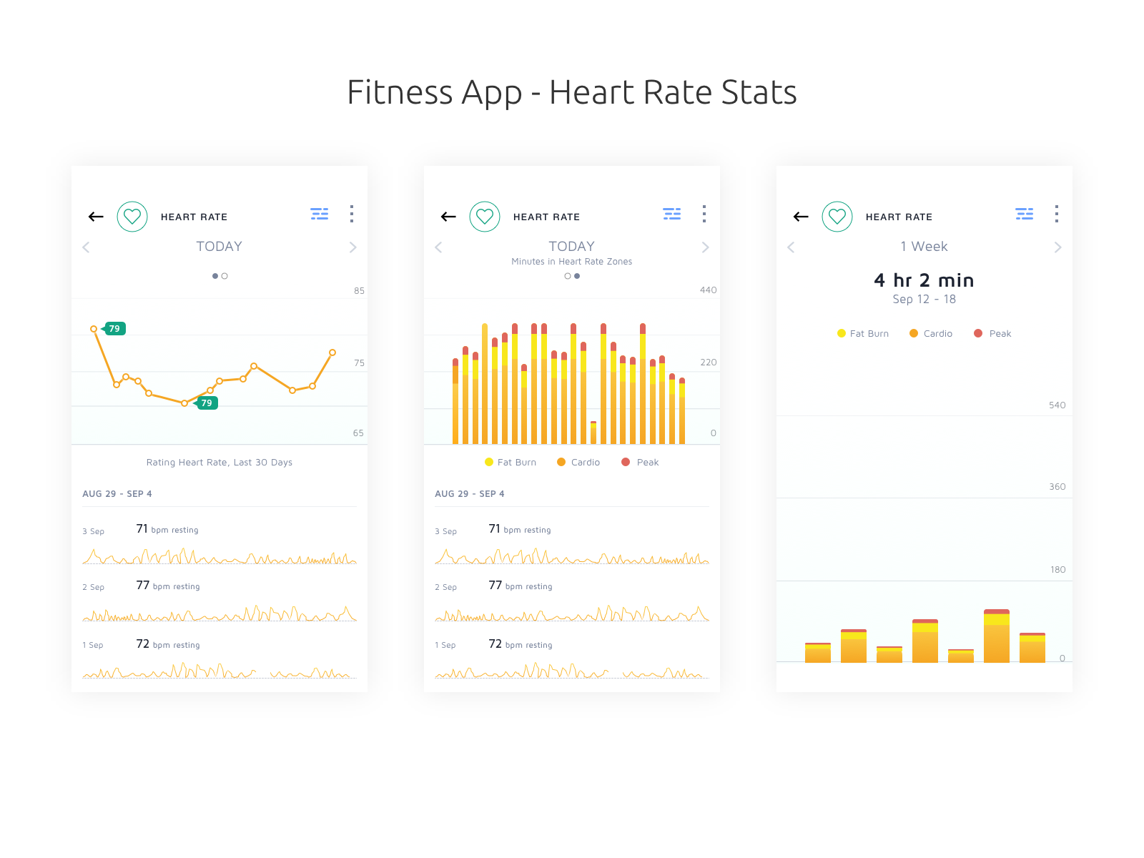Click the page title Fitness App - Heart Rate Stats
[571, 92]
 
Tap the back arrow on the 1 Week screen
[801, 217]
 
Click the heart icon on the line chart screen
[132, 217]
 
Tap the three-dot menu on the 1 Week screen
[1056, 214]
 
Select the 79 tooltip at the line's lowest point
[206, 403]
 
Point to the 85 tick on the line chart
[359, 291]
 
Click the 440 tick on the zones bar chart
[708, 290]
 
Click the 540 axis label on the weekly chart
[1057, 405]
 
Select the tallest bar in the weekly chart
[996, 636]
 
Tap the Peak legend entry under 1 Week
[993, 334]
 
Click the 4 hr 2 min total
[924, 280]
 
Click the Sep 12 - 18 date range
[924, 300]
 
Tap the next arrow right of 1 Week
[1057, 247]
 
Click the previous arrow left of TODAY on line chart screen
[87, 247]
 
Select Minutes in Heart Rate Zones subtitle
[571, 262]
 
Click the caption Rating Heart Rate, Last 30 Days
[219, 463]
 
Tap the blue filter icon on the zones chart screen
[671, 214]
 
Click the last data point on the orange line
[332, 352]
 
